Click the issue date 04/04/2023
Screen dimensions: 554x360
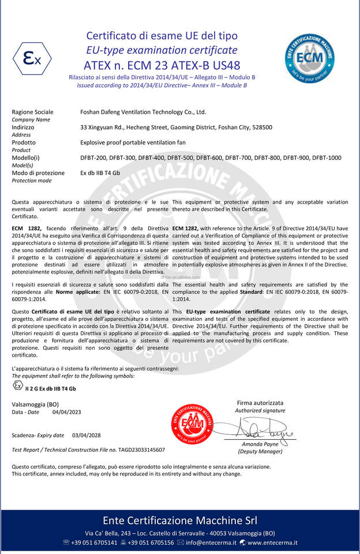coord(66,412)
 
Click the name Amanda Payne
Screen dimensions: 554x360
coord(260,444)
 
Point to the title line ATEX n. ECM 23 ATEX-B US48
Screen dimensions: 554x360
coord(162,65)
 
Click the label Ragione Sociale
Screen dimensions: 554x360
coord(32,112)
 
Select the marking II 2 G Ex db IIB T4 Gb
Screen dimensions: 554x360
coord(50,388)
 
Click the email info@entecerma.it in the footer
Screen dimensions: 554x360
coord(211,542)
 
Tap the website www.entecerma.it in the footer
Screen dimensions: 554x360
coord(272,542)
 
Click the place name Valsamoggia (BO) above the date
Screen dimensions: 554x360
coord(35,404)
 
